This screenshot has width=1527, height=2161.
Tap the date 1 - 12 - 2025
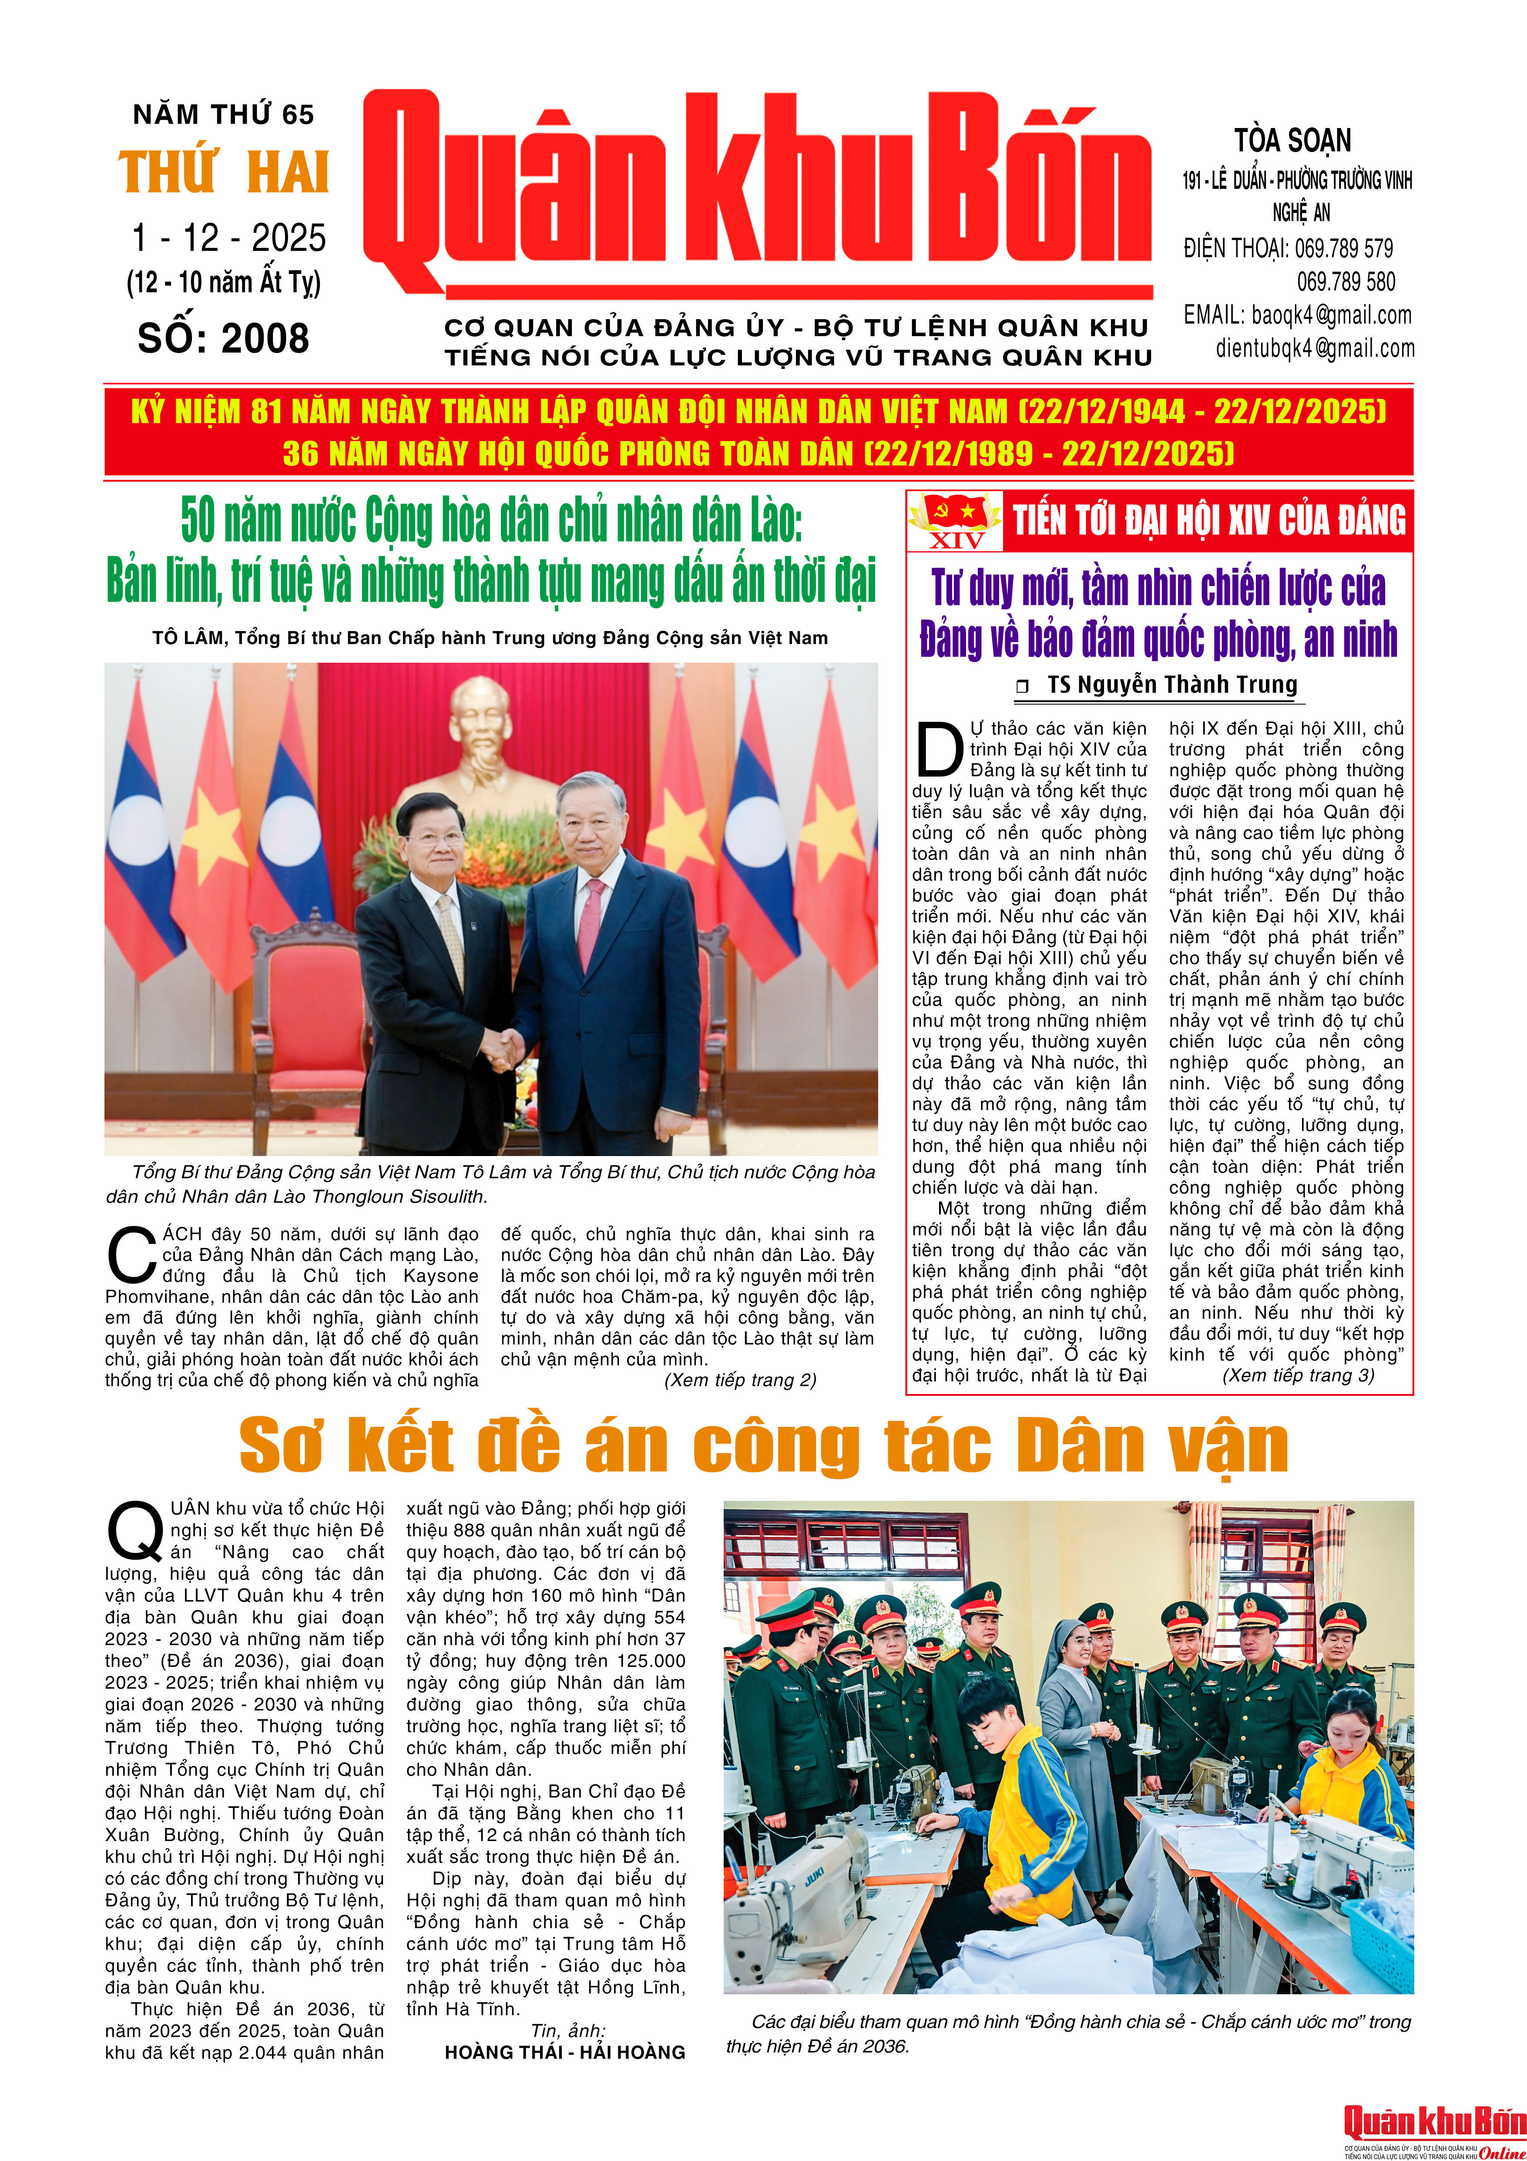coord(228,238)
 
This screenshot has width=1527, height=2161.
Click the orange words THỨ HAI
coord(224,173)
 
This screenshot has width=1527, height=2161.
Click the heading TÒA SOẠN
coord(1293,141)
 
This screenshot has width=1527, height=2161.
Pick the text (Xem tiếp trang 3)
coord(1299,1375)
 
